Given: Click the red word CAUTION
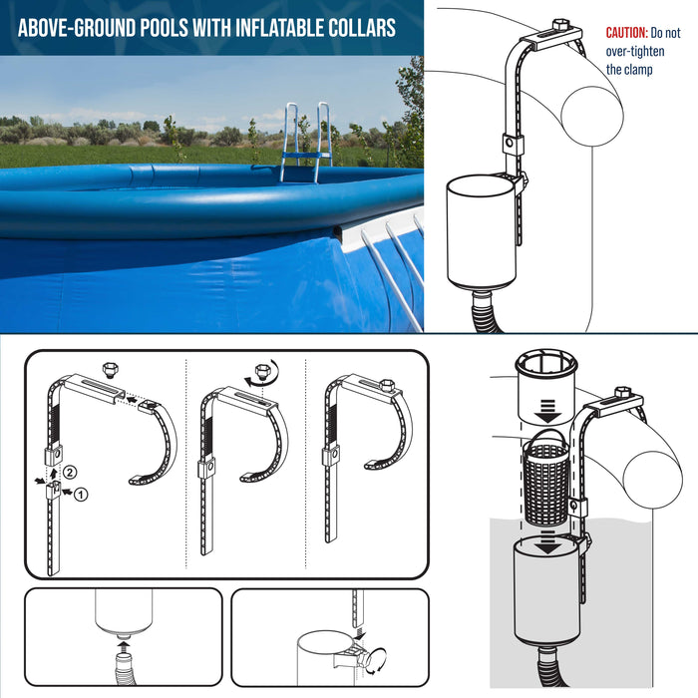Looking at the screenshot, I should pos(627,33).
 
